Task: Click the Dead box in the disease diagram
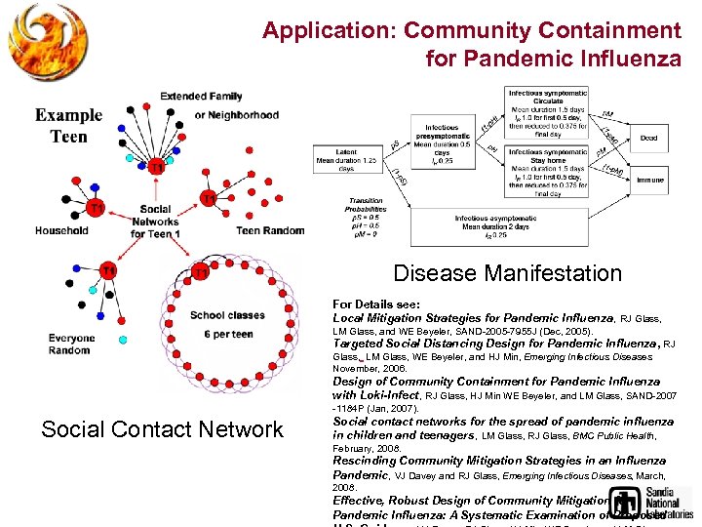pos(647,138)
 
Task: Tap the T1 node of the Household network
pos(96,208)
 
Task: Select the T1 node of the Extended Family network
pos(156,167)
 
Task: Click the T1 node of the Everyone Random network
pos(108,270)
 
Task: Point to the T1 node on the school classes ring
pos(200,272)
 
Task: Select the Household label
pos(61,231)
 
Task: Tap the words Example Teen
pos(68,126)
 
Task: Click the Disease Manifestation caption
pos(506,273)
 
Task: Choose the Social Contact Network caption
pos(162,429)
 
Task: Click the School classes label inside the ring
pos(226,315)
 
